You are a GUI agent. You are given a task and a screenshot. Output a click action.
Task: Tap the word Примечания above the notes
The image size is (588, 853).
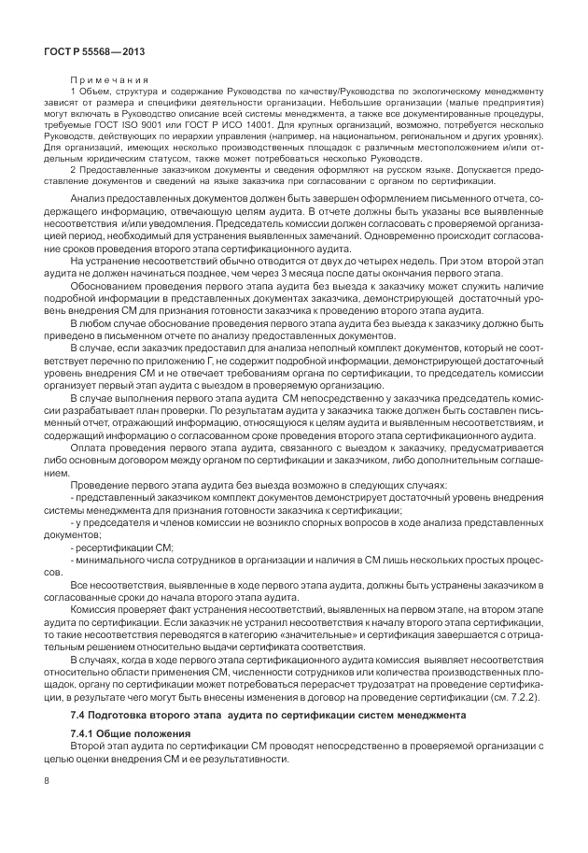[106, 79]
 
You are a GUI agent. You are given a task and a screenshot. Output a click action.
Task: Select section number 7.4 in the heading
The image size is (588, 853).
[77, 715]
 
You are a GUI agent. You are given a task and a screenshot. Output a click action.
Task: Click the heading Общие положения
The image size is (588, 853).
[132, 735]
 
